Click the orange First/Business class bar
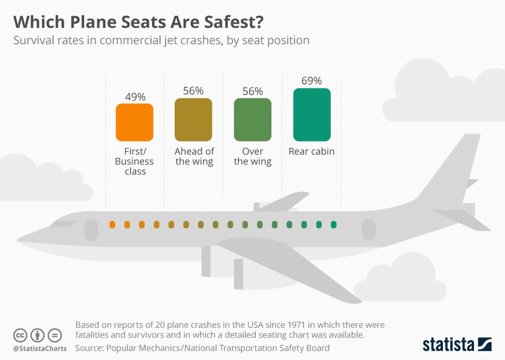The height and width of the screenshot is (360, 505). pyautogui.click(x=135, y=122)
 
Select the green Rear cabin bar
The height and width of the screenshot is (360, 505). pyautogui.click(x=311, y=115)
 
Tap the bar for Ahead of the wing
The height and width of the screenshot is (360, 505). pyautogui.click(x=194, y=119)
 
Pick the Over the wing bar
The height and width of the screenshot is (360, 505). pyautogui.click(x=252, y=119)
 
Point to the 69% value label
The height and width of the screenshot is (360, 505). pyautogui.click(x=311, y=81)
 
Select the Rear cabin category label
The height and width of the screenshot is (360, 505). pyautogui.click(x=311, y=152)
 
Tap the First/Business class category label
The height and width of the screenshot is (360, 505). pyautogui.click(x=135, y=162)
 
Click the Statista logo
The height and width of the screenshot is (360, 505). pyautogui.click(x=457, y=345)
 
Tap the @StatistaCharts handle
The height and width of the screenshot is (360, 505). pyautogui.click(x=39, y=348)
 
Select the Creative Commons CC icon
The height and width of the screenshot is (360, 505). pyautogui.click(x=21, y=335)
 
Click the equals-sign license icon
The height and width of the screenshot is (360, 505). pyautogui.click(x=54, y=335)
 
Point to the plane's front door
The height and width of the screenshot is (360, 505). pyautogui.click(x=91, y=229)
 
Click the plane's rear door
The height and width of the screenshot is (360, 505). pyautogui.click(x=368, y=229)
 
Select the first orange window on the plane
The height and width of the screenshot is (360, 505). pyautogui.click(x=112, y=225)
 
